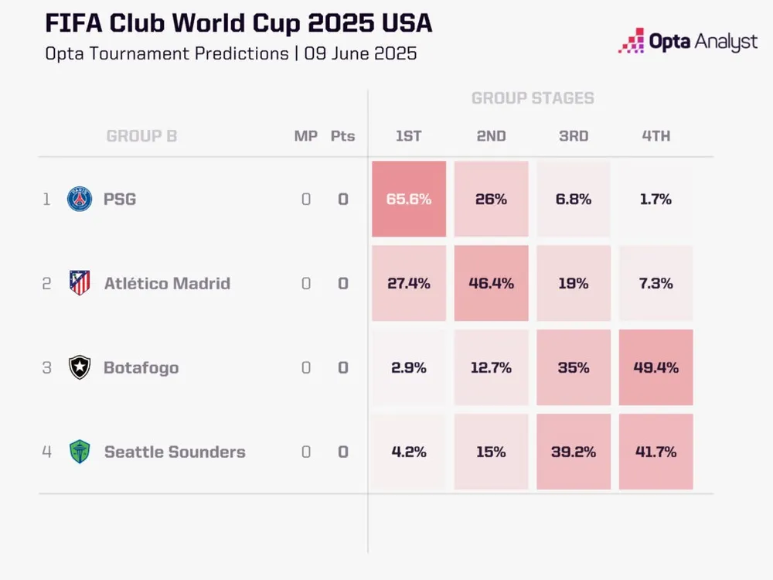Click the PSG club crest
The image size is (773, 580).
pyautogui.click(x=80, y=200)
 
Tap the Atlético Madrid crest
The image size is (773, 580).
pyautogui.click(x=80, y=283)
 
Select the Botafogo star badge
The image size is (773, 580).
pyautogui.click(x=80, y=367)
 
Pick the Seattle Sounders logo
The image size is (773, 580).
pyautogui.click(x=80, y=452)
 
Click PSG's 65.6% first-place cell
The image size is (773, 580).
pyautogui.click(x=409, y=199)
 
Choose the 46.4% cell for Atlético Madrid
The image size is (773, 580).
pyautogui.click(x=491, y=283)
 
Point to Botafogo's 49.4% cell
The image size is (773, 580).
pyautogui.click(x=656, y=367)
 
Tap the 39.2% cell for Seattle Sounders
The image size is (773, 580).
pyautogui.click(x=573, y=452)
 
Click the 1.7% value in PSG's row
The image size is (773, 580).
pyautogui.click(x=656, y=199)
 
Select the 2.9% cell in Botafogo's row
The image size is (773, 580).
pyautogui.click(x=409, y=367)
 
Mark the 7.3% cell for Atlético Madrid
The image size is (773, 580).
pyautogui.click(x=656, y=283)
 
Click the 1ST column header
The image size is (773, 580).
pyautogui.click(x=409, y=136)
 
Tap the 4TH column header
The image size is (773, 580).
pyautogui.click(x=656, y=136)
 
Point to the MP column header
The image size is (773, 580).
pyautogui.click(x=306, y=136)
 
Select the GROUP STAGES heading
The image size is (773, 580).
pyautogui.click(x=533, y=98)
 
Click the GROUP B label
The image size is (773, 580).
pyautogui.click(x=141, y=136)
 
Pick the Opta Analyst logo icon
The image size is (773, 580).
pyautogui.click(x=632, y=41)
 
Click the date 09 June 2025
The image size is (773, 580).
pyautogui.click(x=360, y=54)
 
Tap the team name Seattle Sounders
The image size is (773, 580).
pyautogui.click(x=175, y=452)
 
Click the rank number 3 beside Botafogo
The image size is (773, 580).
pyautogui.click(x=46, y=367)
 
